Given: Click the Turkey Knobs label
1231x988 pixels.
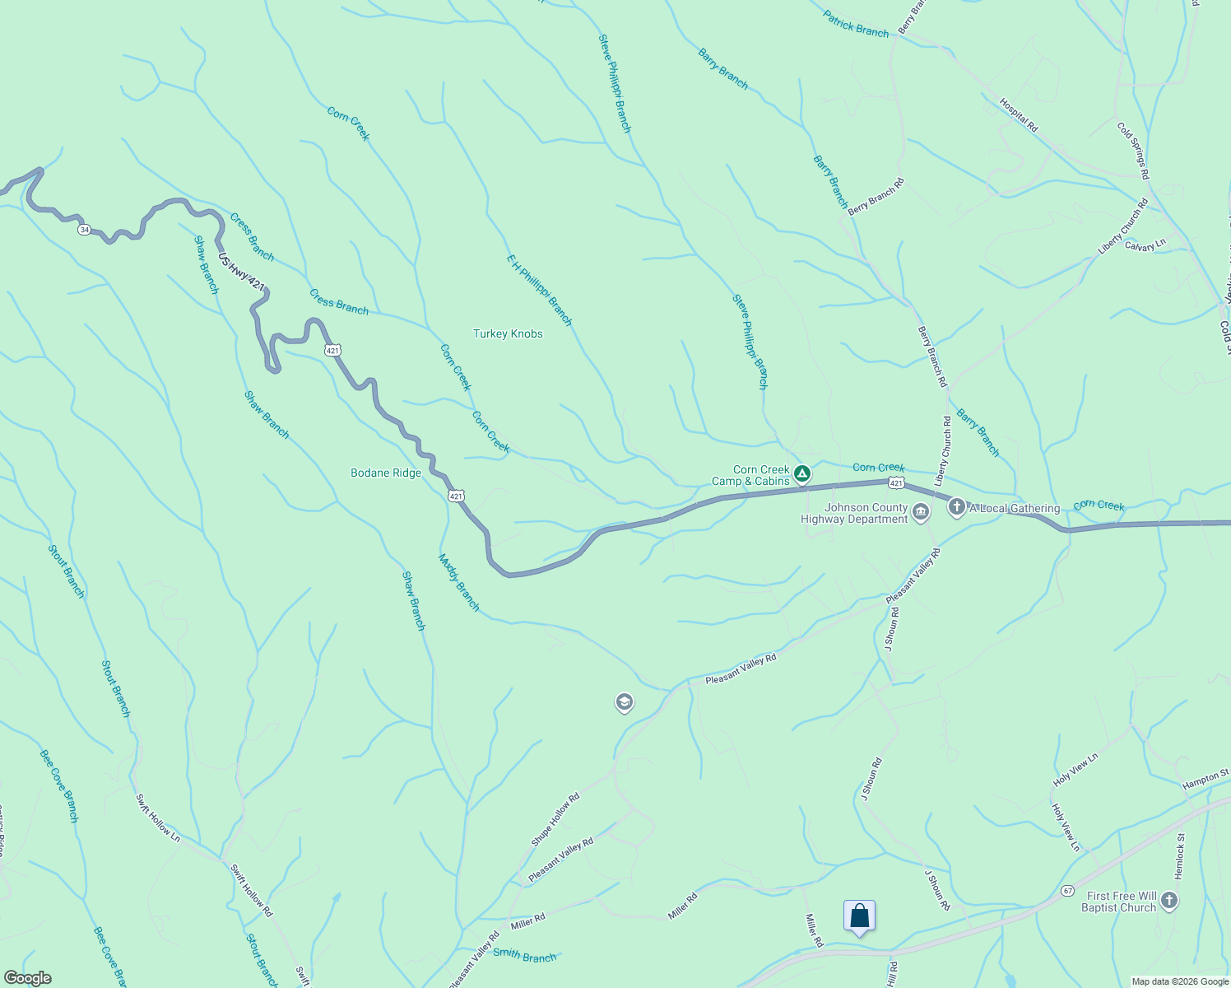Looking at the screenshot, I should [x=508, y=333].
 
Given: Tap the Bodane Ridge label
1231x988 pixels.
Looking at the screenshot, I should [x=386, y=473].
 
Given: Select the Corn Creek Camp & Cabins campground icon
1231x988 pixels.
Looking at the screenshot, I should [x=802, y=473].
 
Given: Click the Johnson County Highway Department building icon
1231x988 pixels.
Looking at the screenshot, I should [x=921, y=513].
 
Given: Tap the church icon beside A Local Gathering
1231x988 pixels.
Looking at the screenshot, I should [x=956, y=507].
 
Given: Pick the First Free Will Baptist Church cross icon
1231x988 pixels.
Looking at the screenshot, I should [x=1168, y=901].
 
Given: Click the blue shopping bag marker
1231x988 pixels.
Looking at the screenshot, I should [x=859, y=916].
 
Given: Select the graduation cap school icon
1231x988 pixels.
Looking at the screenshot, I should [x=624, y=702].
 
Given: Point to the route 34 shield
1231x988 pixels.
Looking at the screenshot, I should [x=84, y=230].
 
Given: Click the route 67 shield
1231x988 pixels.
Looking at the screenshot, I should [x=1067, y=891].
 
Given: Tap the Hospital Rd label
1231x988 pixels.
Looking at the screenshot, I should [x=1019, y=115].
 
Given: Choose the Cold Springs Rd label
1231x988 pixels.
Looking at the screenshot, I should [x=1133, y=151].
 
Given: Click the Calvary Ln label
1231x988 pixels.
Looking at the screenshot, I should [x=1145, y=245].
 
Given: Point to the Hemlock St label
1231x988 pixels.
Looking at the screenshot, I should [x=1180, y=855].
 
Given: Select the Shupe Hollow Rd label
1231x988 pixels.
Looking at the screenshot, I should [x=555, y=819].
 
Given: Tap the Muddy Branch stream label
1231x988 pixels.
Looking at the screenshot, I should [x=458, y=582].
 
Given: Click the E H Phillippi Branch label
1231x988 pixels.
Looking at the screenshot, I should [x=539, y=290].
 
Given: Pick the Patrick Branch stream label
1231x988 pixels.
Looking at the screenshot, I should [x=856, y=24].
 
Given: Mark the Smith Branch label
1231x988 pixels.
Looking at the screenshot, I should [x=525, y=956].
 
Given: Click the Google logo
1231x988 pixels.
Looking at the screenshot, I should [x=27, y=978].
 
